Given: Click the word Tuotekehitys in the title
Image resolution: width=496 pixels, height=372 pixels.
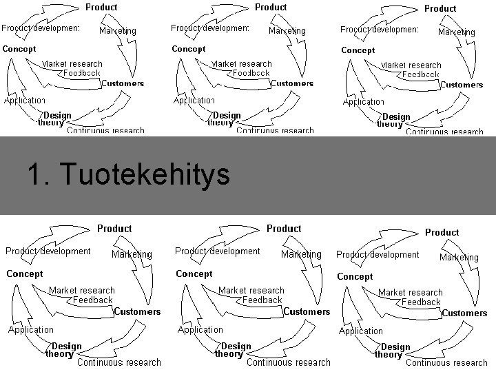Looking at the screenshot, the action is point(145,175).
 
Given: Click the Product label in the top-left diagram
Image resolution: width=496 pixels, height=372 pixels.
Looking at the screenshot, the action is point(101,7).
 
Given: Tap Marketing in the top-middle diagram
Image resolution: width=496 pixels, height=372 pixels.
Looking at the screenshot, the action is point(287,31).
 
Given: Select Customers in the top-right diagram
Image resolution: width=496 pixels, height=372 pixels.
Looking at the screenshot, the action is point(462,85).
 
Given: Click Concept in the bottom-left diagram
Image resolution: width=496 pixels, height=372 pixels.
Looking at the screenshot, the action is point(24,273).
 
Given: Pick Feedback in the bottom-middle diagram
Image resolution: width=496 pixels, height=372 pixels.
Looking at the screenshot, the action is point(262,300).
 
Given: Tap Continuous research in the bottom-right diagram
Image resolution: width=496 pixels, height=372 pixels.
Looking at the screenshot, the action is point(446,362).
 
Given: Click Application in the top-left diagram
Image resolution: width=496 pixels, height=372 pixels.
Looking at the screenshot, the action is point(25,101).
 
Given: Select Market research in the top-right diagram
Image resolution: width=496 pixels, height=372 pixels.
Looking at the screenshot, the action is point(413,65).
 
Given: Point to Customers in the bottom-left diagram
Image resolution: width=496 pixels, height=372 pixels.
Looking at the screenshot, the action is point(137,311).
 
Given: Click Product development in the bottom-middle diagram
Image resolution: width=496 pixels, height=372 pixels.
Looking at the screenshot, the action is point(218,251).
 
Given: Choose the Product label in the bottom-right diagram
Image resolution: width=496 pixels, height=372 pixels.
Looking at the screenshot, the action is point(442,232).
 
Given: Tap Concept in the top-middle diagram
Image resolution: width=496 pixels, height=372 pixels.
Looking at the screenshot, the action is point(189,49).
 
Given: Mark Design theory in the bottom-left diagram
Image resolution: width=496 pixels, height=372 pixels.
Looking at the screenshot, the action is point(63,350).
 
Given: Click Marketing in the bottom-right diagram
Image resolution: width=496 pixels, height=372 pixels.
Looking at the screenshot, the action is point(459,258).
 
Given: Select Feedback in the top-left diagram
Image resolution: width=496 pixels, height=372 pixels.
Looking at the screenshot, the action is point(82,72).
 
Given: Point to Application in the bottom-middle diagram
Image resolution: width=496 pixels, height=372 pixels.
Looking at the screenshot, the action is point(200,329).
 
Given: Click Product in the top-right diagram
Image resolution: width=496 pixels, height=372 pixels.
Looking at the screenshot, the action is point(440,8).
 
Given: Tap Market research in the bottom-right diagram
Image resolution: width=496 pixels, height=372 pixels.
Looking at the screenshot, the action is point(411,293).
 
